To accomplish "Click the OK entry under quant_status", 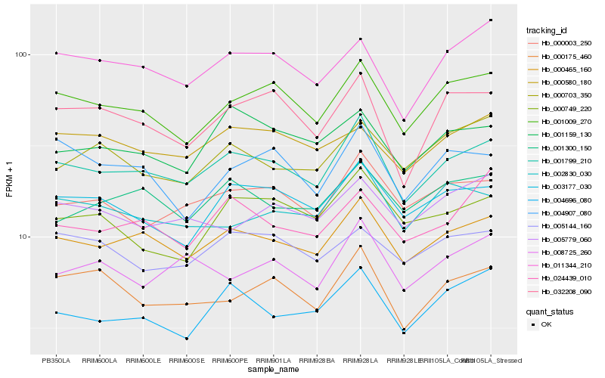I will [x=546, y=324].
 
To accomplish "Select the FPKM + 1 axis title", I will [x=10, y=178].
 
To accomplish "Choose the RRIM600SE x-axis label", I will [x=186, y=361].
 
